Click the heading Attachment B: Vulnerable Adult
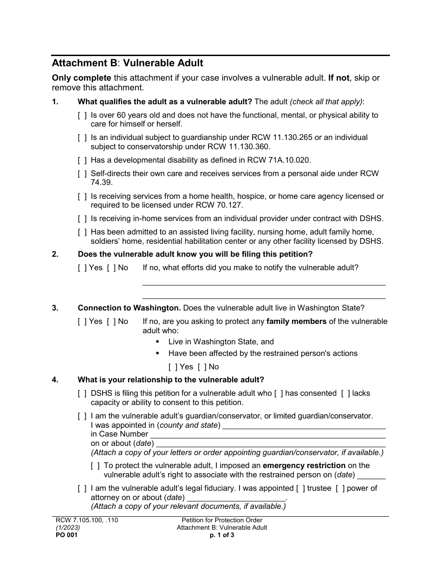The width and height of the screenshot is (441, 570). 127,63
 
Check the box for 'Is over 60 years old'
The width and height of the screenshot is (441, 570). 82,115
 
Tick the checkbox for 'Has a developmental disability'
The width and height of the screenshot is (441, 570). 82,160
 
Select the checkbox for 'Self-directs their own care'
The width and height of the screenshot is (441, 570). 82,173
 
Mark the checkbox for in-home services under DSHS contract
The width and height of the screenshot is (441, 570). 82,218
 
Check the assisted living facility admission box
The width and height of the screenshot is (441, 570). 82,232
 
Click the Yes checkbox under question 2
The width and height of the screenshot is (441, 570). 82,267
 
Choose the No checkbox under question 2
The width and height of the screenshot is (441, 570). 111,267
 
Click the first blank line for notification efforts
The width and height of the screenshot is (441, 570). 264,281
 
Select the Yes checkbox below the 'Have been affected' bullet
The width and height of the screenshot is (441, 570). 173,367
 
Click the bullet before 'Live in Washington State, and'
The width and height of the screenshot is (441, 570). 158,342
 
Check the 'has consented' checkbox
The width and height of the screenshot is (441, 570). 279,393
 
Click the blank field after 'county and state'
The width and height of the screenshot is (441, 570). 304,425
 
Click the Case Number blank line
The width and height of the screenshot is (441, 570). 268,434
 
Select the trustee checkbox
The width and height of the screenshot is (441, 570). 301,488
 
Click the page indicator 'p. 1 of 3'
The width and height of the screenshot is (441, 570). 222,535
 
